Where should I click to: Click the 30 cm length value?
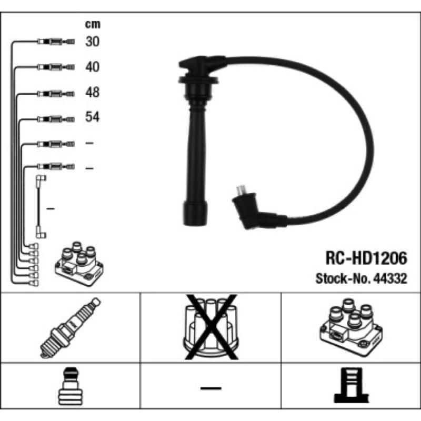coord(92,42)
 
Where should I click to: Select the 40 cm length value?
coord(92,67)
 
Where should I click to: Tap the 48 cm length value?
coord(92,93)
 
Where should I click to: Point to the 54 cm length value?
coord(92,117)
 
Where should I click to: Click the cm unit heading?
coord(92,24)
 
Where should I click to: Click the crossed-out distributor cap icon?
coord(210,327)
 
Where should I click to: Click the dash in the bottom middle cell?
coord(210,389)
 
